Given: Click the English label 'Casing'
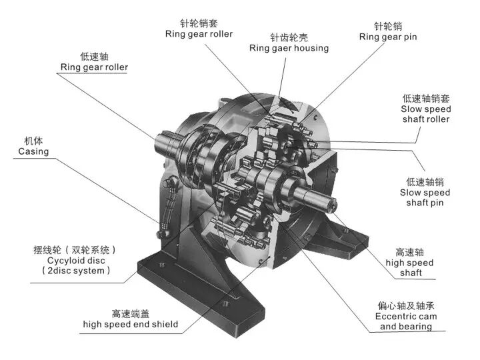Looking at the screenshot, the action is (x=33, y=151).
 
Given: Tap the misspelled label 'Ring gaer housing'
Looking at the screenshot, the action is (x=289, y=48).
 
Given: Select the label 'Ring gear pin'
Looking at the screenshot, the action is (x=388, y=37).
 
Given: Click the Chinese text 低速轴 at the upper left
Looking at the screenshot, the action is (x=94, y=56).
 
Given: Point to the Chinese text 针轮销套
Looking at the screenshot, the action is (x=199, y=23).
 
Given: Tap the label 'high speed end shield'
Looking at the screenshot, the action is (x=131, y=324).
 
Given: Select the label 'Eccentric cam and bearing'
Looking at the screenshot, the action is (x=406, y=321).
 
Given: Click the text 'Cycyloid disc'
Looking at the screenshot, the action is (x=76, y=261).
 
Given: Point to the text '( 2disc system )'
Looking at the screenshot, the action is (x=76, y=271).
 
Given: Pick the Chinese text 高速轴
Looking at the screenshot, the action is (x=409, y=252).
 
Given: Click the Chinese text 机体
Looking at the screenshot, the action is (x=33, y=141).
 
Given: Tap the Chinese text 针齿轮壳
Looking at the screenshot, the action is (x=289, y=37).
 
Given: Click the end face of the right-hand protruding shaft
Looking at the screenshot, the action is (x=332, y=205).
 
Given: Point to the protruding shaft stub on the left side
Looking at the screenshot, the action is (x=166, y=144).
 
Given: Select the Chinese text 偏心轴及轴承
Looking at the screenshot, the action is (x=406, y=305).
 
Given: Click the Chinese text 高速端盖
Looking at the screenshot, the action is (x=131, y=314).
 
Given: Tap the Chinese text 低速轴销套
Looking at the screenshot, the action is (x=426, y=98).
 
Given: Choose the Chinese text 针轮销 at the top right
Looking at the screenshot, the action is (x=388, y=26).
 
